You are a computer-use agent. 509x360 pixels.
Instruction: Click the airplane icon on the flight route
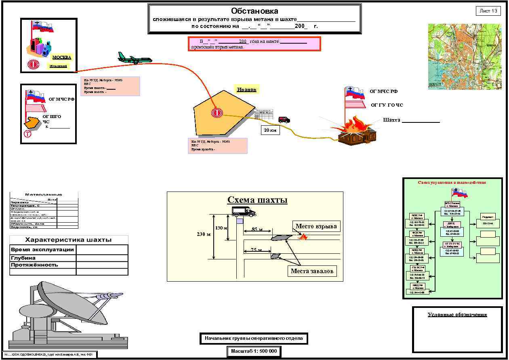(135, 59)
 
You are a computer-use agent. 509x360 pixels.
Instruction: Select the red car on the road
(284, 120)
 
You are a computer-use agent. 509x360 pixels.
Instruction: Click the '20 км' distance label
(270, 131)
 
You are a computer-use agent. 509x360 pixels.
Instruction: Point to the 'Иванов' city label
(246, 90)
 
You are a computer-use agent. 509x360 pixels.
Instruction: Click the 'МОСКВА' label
(61, 57)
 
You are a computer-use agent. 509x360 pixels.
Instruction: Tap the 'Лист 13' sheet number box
(488, 11)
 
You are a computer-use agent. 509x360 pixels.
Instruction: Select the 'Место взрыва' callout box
(316, 226)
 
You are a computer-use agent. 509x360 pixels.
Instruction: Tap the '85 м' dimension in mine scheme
(257, 229)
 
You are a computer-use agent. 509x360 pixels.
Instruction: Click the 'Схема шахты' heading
(257, 200)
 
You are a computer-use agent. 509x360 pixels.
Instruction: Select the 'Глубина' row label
(23, 258)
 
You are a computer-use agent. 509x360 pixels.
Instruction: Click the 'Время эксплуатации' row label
(42, 250)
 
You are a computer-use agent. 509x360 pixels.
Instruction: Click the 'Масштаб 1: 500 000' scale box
(254, 351)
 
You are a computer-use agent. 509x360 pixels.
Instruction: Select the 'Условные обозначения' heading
(457, 315)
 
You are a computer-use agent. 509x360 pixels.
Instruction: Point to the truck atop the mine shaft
(244, 211)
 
